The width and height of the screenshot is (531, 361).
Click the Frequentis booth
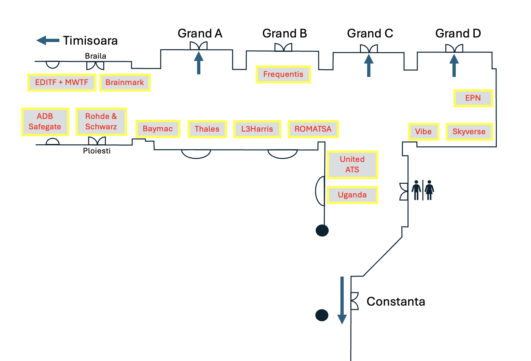[283, 74]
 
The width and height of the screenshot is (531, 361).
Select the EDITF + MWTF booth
[62, 82]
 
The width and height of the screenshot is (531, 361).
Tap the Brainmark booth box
[125, 82]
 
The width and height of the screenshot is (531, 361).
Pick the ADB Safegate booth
[45, 122]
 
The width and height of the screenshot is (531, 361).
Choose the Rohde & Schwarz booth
[101, 122]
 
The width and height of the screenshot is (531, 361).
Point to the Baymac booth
[158, 129]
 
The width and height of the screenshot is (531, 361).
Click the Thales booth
[207, 129]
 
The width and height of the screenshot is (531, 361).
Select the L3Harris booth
[257, 129]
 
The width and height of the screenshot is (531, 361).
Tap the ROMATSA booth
[313, 129]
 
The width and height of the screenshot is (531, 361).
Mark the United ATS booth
[352, 165]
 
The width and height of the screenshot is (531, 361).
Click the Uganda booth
[352, 195]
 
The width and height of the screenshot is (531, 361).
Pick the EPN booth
[473, 98]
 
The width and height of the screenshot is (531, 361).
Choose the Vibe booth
[423, 132]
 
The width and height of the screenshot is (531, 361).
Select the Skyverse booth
[469, 132]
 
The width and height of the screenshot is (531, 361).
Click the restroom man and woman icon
[423, 190]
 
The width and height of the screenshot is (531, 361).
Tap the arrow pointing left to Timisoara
[48, 40]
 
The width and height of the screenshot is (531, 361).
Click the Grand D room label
[458, 33]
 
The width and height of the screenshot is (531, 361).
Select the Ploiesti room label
[97, 151]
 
